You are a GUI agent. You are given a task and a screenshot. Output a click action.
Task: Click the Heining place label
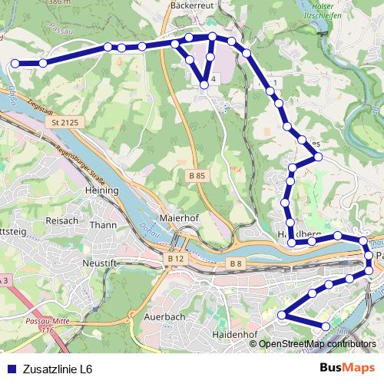click(101, 190)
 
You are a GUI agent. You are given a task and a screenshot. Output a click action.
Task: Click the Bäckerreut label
click(193, 4)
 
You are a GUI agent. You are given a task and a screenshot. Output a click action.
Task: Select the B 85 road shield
click(197, 176)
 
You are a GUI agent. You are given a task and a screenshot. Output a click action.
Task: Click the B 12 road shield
click(175, 260)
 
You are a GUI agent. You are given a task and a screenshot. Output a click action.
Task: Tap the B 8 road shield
click(235, 264)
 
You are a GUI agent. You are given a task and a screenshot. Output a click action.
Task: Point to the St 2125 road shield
click(67, 123)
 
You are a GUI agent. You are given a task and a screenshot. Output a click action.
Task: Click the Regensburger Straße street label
click(97, 155)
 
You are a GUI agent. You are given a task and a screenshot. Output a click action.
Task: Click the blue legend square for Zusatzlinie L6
click(11, 369)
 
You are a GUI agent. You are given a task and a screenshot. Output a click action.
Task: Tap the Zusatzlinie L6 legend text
click(58, 369)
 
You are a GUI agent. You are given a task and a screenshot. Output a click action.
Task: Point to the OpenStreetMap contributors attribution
click(317, 343)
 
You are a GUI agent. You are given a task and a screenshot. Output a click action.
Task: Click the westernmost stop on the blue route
click(15, 64)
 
